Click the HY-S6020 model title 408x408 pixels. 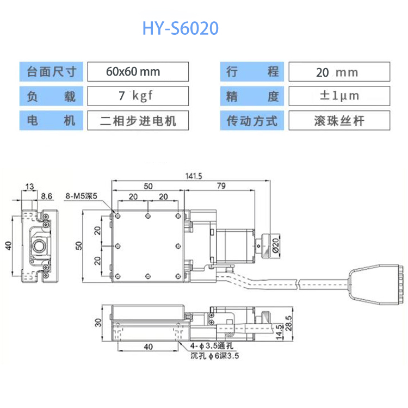tap(180, 28)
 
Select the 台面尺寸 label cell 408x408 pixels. tap(52, 71)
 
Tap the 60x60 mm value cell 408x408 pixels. tap(138, 71)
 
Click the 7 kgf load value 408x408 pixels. tap(138, 96)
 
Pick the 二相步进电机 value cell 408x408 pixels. tap(138, 120)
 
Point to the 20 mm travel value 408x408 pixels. tap(338, 72)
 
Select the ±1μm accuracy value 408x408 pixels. tap(338, 96)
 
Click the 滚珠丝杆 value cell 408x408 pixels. tap(338, 120)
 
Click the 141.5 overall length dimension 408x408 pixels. tap(193, 176)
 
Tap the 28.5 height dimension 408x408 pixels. tap(289, 326)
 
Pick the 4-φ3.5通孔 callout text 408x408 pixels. tap(212, 347)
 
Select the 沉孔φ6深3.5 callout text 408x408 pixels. tap(214, 356)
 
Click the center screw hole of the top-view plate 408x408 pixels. tap(148, 246)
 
